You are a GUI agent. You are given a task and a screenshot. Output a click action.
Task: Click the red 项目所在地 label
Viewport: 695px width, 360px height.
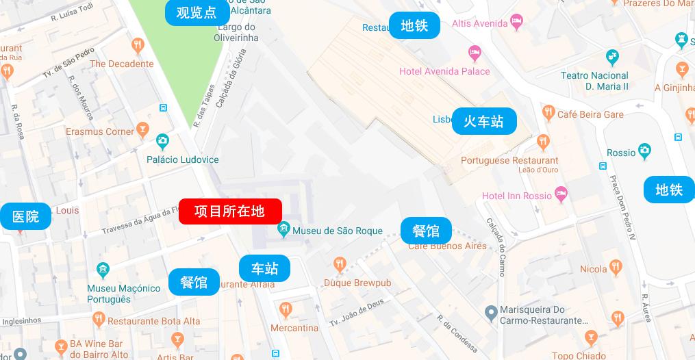(x=230, y=211)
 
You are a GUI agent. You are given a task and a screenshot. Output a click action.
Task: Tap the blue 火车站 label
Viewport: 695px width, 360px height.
(x=483, y=121)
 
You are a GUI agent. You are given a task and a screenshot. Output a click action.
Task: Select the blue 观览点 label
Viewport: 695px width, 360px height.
(x=196, y=12)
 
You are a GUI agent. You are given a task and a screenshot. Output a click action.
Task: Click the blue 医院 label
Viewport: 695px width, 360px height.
(x=25, y=216)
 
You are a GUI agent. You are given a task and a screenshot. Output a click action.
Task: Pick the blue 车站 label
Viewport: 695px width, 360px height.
(x=264, y=268)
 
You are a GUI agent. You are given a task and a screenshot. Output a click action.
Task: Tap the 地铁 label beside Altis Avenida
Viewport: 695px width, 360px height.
(x=414, y=26)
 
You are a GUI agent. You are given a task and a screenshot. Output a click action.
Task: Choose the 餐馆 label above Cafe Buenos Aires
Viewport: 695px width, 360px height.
(x=426, y=231)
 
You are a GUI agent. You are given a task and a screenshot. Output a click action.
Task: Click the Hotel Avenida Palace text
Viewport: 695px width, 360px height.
(x=444, y=71)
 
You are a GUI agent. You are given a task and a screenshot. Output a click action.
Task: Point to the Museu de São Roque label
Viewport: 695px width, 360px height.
(x=337, y=231)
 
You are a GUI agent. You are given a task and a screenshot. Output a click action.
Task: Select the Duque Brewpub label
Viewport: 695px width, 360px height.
(x=357, y=283)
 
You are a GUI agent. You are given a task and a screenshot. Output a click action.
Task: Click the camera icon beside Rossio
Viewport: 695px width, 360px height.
(x=644, y=151)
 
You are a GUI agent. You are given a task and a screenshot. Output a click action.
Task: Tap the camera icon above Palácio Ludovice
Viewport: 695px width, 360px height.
(x=162, y=142)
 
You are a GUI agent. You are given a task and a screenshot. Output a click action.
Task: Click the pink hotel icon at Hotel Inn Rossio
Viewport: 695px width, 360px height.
(x=561, y=195)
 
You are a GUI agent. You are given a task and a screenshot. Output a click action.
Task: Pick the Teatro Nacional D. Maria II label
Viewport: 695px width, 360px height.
(x=594, y=81)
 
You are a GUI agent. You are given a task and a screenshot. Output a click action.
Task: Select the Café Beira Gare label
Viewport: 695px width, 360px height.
(x=590, y=114)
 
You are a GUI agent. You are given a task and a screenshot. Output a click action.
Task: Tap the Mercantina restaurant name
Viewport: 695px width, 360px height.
(x=294, y=328)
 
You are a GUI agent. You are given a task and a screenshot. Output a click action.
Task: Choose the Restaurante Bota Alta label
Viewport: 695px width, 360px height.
(x=154, y=321)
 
